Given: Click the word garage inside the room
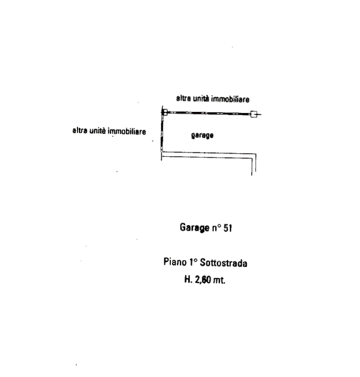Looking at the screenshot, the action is (202, 135).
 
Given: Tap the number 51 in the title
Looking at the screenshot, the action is (228, 228).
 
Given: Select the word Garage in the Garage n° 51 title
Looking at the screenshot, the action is (195, 227).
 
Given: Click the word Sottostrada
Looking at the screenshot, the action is (223, 263).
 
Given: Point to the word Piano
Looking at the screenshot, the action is (175, 262).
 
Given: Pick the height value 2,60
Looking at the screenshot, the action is (203, 279).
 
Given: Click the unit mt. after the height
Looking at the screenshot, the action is (219, 280).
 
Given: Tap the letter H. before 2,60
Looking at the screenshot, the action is (188, 279).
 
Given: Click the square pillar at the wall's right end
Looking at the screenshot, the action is (254, 114).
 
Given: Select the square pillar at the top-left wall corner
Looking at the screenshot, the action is (165, 112).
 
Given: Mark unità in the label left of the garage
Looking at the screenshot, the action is (97, 131).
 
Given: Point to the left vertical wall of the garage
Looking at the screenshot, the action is (162, 132).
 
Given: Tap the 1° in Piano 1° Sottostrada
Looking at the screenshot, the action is (193, 262).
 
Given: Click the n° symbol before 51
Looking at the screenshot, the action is (216, 228).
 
